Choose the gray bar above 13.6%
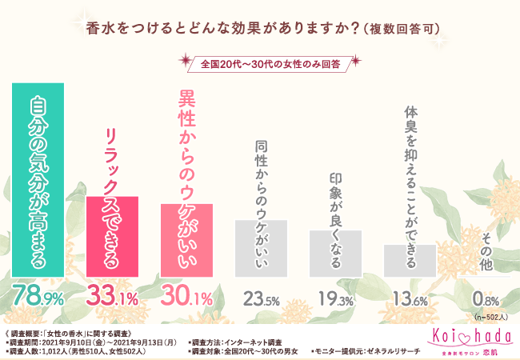(x=410, y=258)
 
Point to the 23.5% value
(x=261, y=299)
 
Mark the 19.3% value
(x=335, y=299)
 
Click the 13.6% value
(x=410, y=299)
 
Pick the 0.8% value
(x=484, y=299)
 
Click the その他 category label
(x=485, y=251)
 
